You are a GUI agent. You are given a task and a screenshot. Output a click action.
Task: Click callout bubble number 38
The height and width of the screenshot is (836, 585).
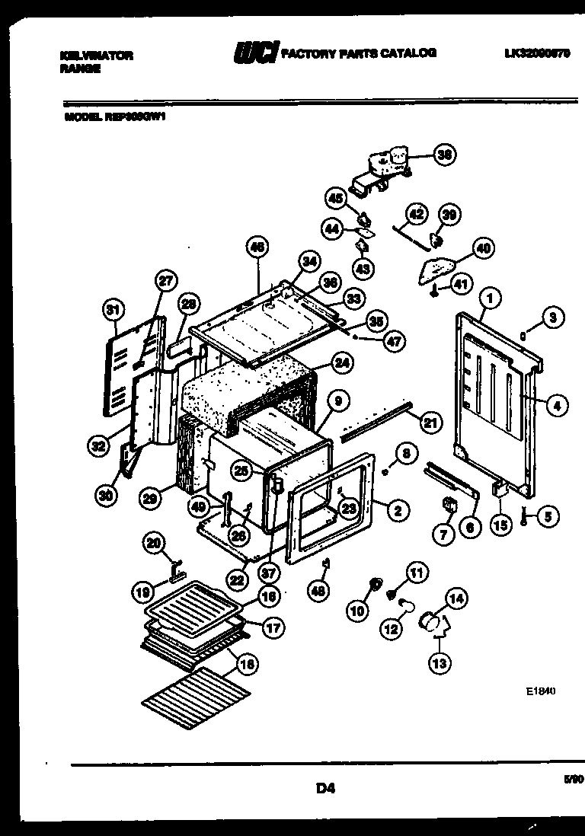click(x=444, y=155)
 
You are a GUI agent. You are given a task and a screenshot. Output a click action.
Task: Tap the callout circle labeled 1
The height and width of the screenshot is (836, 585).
click(x=490, y=301)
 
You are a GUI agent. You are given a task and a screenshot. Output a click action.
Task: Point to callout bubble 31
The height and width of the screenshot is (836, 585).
click(x=112, y=310)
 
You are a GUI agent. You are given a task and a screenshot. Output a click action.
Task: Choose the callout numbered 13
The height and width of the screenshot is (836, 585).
click(x=440, y=663)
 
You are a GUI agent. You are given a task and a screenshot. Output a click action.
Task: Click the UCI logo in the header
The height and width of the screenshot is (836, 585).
click(x=255, y=53)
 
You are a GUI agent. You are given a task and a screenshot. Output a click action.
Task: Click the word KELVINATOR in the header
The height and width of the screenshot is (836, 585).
click(x=96, y=56)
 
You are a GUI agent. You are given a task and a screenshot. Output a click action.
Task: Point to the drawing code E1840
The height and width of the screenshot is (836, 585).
click(x=541, y=692)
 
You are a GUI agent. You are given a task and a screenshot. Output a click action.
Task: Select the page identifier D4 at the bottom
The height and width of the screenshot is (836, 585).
click(x=325, y=789)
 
